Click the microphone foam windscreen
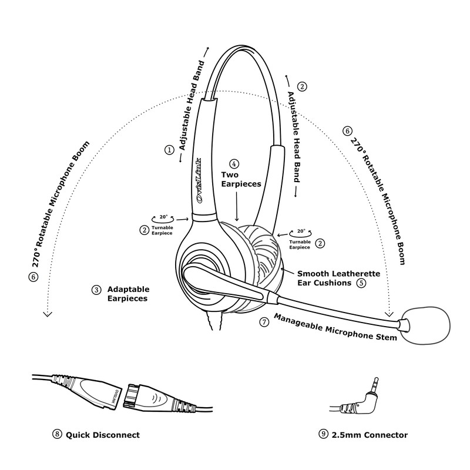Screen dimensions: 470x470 (x=425, y=325)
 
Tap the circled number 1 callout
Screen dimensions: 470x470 (x=169, y=150)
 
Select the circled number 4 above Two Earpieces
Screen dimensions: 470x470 (x=234, y=164)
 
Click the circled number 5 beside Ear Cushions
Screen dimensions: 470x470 (x=361, y=283)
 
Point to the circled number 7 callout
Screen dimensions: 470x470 (x=264, y=322)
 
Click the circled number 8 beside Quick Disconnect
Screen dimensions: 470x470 (x=57, y=434)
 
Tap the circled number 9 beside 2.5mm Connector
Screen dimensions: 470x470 (x=323, y=434)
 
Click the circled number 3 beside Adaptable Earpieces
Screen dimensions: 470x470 (x=96, y=290)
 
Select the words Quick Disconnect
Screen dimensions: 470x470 (x=103, y=435)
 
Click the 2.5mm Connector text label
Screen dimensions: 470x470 (x=370, y=435)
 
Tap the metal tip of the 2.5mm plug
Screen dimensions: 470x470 (x=375, y=384)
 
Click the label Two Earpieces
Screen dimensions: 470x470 (x=241, y=179)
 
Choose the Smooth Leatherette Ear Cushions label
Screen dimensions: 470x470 (x=339, y=278)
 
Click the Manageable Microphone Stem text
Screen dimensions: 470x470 (x=335, y=327)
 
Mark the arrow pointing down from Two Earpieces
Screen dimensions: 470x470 (x=237, y=206)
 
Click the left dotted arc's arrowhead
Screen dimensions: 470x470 (x=48, y=314)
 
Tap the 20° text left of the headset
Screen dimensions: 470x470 (x=163, y=217)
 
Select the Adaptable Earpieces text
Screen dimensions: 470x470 (x=128, y=294)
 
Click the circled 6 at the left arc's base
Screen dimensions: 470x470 (x=33, y=276)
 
